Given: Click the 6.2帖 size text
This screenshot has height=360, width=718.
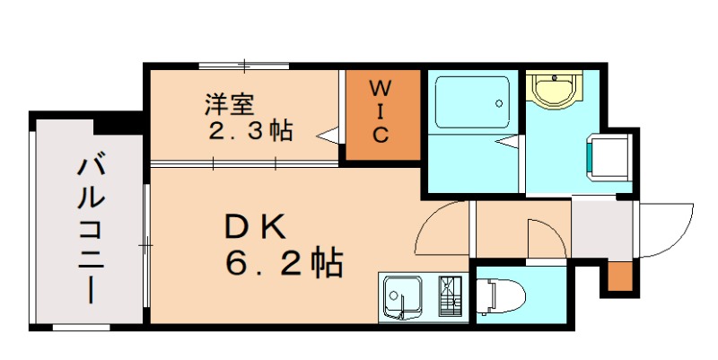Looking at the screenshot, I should pos(284,262).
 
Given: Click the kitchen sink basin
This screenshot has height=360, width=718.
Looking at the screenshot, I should pos(401,296).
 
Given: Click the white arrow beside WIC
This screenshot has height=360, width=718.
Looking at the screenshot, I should pos(329,136).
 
